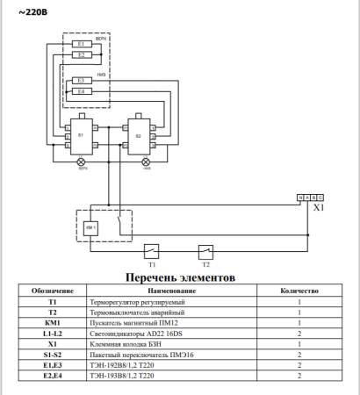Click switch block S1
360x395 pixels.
point(81,136)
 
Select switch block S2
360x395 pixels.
point(139,137)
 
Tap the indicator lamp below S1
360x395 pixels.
point(81,164)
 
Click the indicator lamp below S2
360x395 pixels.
point(146,164)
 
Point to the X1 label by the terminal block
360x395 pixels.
point(319,209)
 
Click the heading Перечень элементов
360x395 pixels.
point(180,277)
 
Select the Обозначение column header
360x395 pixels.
point(53,290)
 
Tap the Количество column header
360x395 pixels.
point(299,290)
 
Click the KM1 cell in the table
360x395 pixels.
point(53,323)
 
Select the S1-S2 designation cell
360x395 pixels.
point(53,355)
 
